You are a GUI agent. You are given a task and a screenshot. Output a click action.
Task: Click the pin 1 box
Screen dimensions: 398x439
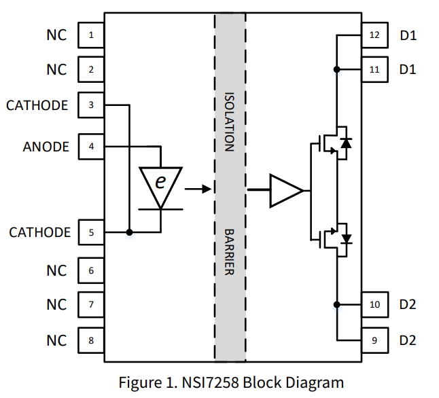92,35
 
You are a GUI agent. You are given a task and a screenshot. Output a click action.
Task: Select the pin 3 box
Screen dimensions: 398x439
92,105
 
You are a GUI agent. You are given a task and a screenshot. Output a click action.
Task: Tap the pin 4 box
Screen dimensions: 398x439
92,146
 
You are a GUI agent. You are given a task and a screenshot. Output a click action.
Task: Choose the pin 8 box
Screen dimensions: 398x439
92,340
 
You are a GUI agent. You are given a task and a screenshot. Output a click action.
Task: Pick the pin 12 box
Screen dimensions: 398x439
374,35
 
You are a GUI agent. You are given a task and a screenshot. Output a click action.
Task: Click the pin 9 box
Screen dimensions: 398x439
374,340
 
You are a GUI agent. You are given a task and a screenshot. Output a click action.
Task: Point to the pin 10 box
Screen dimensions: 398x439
374,304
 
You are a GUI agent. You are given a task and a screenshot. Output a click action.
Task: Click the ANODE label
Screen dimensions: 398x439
46,146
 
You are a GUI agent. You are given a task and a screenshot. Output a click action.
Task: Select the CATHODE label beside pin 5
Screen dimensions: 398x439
39,232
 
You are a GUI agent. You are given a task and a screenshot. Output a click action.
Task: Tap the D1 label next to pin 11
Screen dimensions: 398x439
408,69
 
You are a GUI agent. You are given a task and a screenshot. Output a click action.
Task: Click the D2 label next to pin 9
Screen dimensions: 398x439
408,340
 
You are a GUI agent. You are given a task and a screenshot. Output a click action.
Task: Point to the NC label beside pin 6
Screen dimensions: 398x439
56,270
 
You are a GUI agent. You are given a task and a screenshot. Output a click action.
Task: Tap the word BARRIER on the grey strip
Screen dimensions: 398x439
230,252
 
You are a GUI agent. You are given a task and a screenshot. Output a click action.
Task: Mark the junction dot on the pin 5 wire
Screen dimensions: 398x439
129,232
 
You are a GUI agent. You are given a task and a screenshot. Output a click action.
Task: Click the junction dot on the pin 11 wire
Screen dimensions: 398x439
336,69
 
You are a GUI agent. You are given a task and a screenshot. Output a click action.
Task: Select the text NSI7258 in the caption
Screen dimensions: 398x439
212,382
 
